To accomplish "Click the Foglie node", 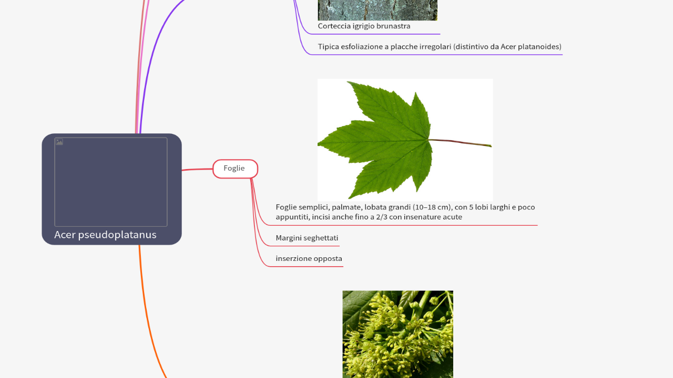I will [x=235, y=169].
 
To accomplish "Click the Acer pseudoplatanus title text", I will [x=105, y=235].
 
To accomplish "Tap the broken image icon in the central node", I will [x=59, y=142].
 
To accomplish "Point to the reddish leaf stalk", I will [x=463, y=142].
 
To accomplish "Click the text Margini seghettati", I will [x=307, y=238].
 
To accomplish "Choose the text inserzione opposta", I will [x=309, y=259].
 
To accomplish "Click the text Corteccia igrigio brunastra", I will [x=364, y=26].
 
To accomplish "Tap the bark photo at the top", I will [x=377, y=9].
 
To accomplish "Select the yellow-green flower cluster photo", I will [x=397, y=334].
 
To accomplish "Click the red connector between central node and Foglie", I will [x=197, y=170].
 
